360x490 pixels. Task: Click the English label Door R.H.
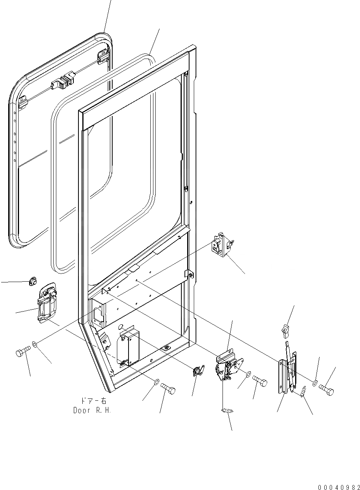pos(92,410)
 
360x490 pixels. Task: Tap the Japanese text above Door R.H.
pos(92,401)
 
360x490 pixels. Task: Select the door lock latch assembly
pos(229,367)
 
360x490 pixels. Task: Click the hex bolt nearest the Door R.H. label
pos(168,388)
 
